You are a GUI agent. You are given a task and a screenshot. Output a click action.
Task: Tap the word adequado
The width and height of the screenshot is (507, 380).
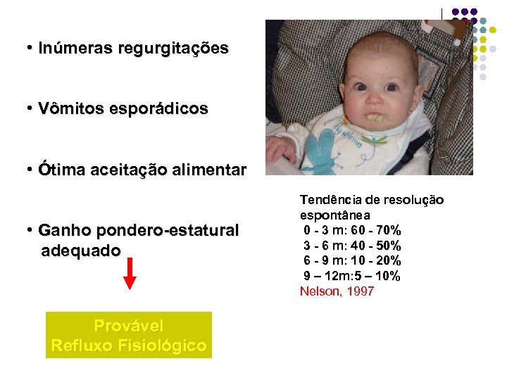(x=81, y=250)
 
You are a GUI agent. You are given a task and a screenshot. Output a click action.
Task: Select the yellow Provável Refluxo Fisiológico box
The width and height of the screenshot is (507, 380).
(x=129, y=336)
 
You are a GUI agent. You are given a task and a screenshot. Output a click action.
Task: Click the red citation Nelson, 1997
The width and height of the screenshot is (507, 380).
(x=337, y=291)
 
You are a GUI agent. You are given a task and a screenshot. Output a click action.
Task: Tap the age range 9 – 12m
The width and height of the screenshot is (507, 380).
(x=326, y=276)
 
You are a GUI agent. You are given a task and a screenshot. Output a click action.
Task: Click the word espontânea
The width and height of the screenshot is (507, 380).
(x=335, y=215)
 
